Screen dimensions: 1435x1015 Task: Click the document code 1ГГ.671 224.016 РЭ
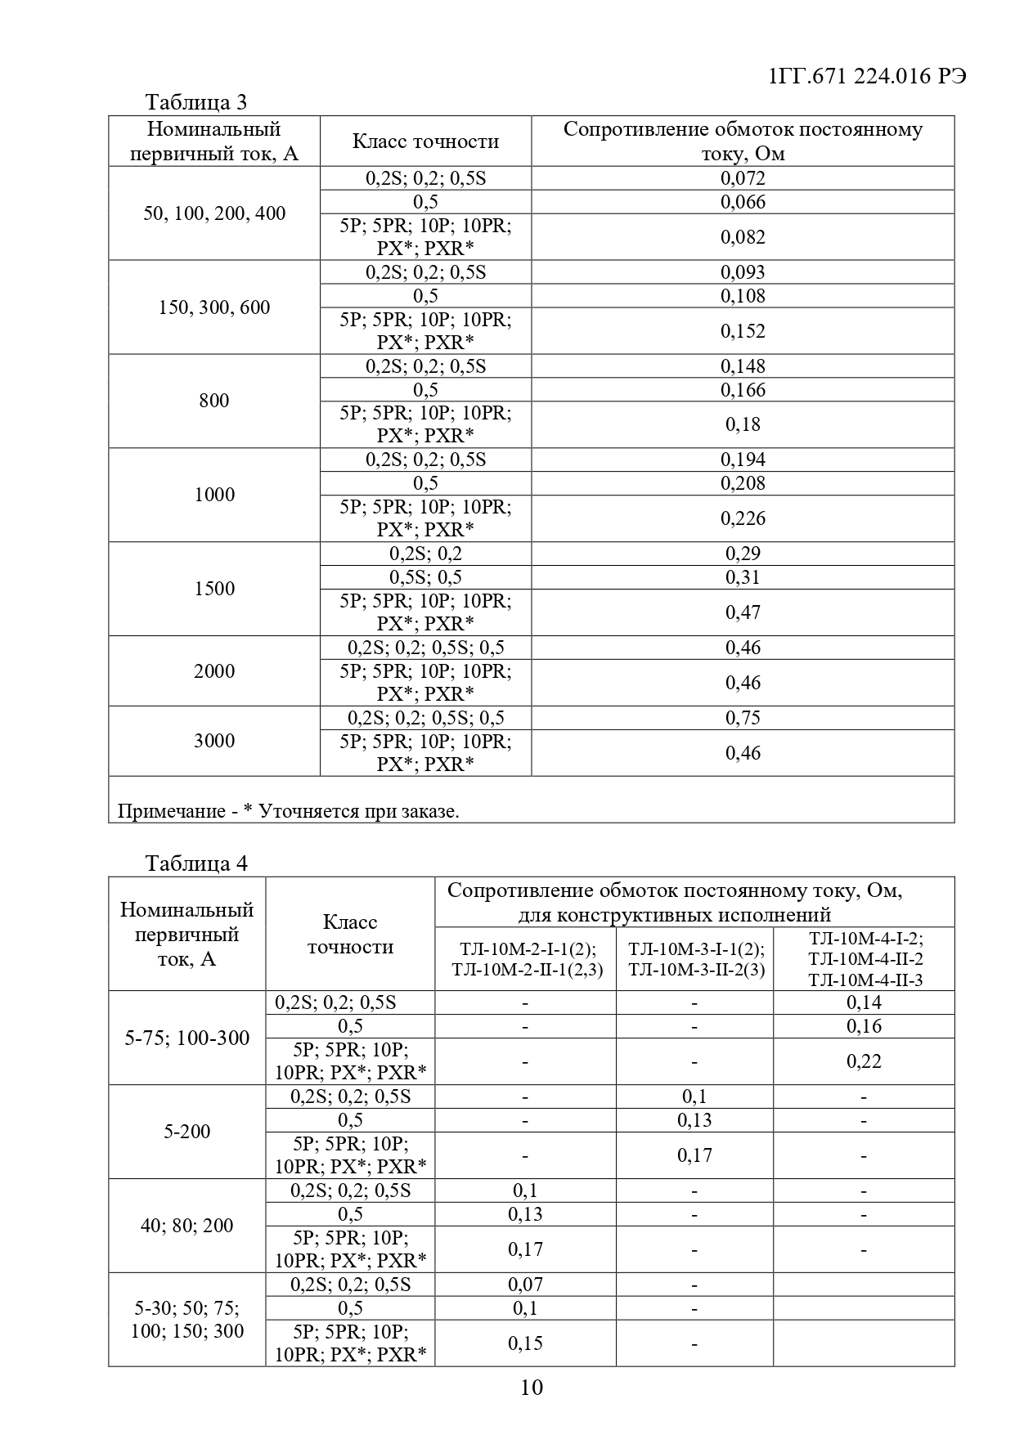(868, 76)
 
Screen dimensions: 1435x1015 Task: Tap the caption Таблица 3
(195, 102)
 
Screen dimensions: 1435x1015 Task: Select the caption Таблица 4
(195, 863)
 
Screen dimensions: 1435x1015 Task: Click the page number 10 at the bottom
(531, 1387)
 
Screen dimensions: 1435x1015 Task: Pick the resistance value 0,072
(743, 178)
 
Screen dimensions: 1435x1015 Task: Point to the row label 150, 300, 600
(214, 307)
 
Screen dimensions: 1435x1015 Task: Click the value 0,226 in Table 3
(743, 518)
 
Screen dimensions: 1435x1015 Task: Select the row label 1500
(214, 589)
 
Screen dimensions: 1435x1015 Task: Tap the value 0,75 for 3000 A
(743, 718)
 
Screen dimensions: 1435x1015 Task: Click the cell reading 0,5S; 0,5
(425, 577)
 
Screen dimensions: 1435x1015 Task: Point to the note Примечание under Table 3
(288, 811)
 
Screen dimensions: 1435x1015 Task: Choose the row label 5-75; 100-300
(187, 1038)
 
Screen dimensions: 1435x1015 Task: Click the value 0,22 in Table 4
(864, 1061)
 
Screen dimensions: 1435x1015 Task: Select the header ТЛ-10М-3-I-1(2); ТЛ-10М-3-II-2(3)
(694, 959)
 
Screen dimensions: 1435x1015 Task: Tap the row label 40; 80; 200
(187, 1226)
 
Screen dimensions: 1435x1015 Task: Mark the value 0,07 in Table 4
(525, 1285)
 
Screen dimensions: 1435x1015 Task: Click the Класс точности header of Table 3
(425, 141)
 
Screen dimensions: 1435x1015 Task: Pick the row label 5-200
(187, 1132)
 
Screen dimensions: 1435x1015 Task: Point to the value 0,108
(743, 296)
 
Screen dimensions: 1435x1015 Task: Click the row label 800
(214, 401)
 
